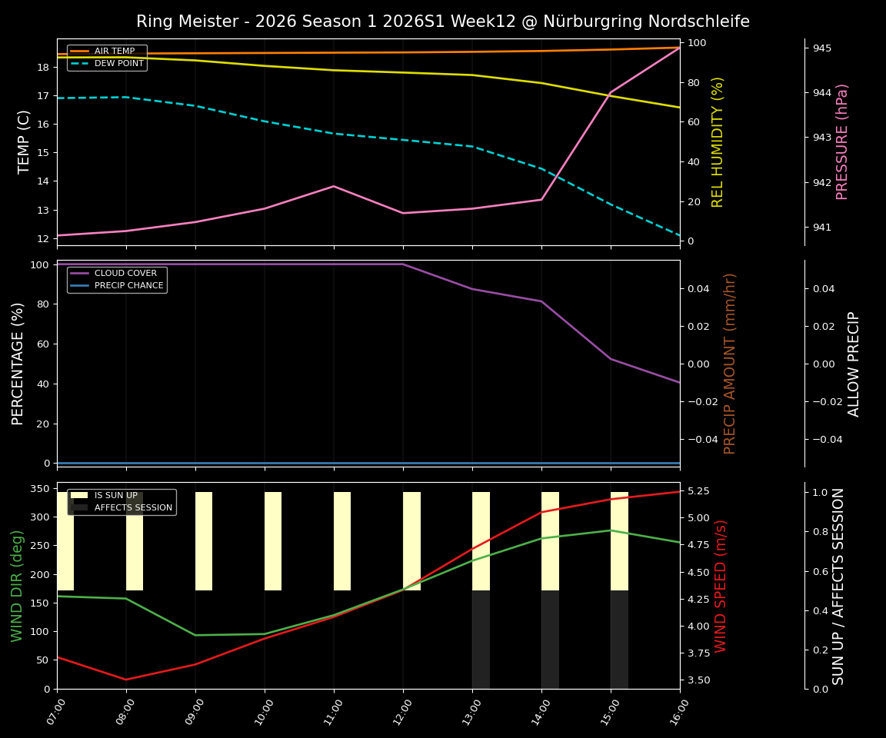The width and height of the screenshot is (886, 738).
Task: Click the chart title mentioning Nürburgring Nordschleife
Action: pos(442,22)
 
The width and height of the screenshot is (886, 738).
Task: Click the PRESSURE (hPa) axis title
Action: pos(842,141)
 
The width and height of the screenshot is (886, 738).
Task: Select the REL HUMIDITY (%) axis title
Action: pos(718,141)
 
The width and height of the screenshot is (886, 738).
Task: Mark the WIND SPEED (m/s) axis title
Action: pos(721,585)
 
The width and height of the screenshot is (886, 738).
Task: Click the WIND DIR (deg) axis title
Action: pos(17,585)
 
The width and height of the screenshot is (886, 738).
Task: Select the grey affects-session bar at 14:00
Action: pos(550,639)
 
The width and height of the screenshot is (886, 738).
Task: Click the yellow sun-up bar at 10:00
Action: pos(273,541)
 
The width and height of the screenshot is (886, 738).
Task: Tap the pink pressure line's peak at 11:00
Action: pos(334,186)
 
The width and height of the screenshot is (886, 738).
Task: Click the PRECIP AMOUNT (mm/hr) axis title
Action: pos(730,363)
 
